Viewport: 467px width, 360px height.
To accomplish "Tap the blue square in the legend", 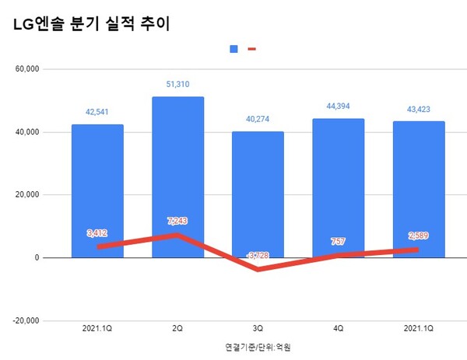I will (x=233, y=49).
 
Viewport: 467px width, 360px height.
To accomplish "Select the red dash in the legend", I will (x=251, y=49).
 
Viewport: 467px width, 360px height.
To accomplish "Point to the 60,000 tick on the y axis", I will (x=33, y=69).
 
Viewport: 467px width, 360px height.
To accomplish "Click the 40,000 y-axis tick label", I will (x=33, y=132).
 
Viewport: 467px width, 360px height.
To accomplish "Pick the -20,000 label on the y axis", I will (x=32, y=320).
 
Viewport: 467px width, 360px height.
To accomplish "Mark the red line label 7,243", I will (x=177, y=221).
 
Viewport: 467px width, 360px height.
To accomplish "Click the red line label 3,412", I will (x=97, y=232).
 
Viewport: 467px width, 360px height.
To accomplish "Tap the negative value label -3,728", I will (x=258, y=256).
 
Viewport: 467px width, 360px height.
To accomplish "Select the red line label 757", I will (x=339, y=241).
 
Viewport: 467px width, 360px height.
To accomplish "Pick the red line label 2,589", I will (x=419, y=236).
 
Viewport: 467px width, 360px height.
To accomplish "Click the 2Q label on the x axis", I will (x=177, y=330).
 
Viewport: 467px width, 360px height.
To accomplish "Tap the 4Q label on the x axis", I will (x=339, y=330).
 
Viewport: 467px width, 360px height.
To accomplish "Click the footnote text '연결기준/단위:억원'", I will (x=258, y=347).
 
